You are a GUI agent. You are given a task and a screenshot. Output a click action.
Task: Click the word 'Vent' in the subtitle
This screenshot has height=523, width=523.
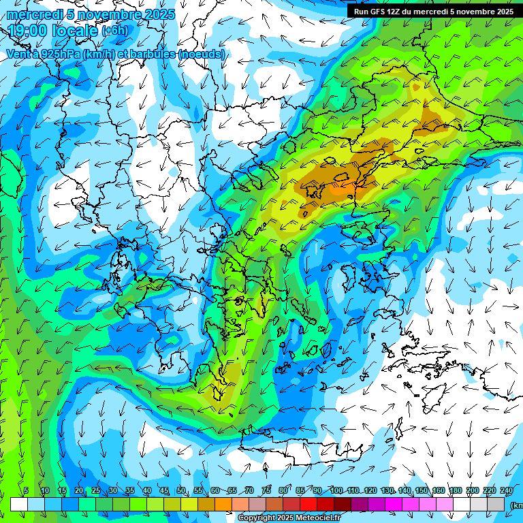18,54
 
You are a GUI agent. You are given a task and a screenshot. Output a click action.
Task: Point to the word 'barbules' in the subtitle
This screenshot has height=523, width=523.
151,54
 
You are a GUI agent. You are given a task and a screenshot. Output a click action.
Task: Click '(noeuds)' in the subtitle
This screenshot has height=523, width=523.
200,54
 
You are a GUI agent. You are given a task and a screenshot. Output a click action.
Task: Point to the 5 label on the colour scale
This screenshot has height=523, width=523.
26,490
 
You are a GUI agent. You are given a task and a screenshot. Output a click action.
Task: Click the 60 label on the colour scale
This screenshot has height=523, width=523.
215,490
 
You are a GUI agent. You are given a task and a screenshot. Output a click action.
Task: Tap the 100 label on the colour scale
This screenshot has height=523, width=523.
336,490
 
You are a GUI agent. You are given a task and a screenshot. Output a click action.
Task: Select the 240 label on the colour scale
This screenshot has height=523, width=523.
507,490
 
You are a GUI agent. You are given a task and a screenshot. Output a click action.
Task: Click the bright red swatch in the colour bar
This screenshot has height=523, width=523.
308,504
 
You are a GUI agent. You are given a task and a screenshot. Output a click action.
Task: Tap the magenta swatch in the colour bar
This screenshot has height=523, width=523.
394,504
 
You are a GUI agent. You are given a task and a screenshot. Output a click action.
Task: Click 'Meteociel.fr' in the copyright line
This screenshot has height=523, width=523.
317,518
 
